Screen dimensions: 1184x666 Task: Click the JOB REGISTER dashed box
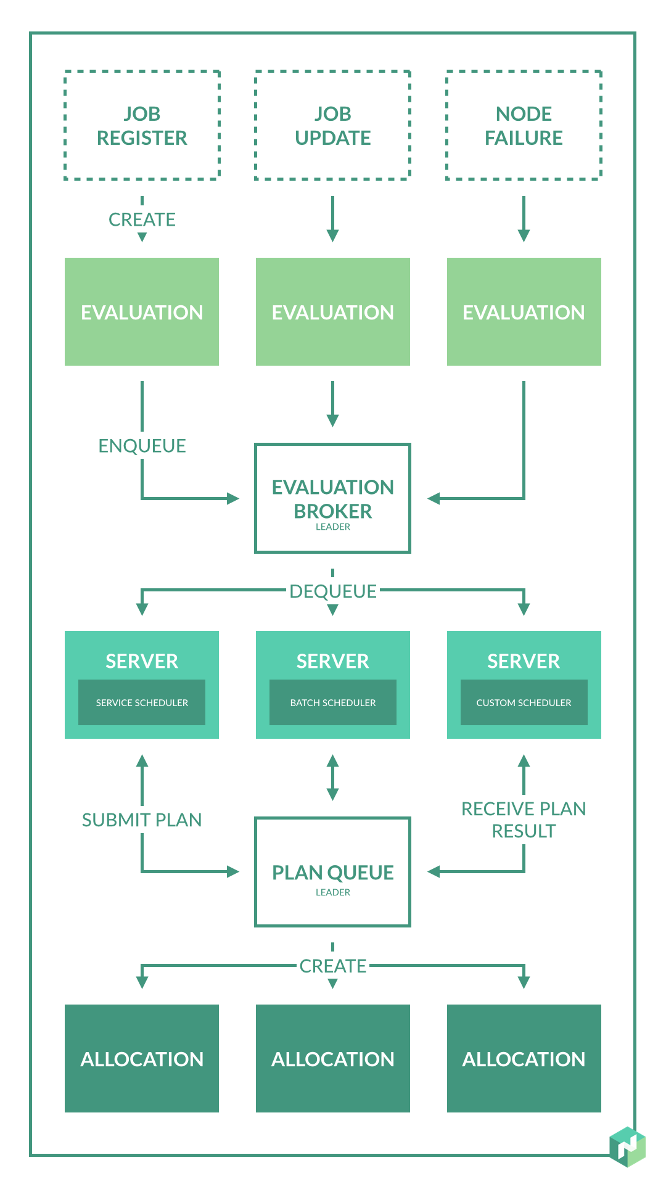pos(142,125)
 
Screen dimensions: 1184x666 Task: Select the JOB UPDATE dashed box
pos(333,125)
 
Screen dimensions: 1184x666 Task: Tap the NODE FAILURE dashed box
pos(524,125)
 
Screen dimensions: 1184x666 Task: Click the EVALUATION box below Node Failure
pos(524,312)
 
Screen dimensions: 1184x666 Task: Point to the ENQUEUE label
pos(142,446)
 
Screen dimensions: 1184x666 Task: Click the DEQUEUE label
pos(333,591)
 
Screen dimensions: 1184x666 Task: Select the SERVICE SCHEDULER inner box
pos(142,702)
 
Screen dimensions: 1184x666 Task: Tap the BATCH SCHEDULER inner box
pos(333,702)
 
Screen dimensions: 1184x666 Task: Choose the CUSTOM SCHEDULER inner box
pos(524,702)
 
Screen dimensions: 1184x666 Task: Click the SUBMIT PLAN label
pos(142,820)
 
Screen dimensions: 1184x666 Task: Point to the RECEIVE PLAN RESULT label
pos(524,820)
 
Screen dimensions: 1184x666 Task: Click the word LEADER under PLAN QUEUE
pos(333,892)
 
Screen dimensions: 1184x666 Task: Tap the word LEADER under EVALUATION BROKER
pos(333,527)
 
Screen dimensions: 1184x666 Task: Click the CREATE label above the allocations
pos(333,966)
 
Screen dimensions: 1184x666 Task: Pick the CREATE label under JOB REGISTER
pos(142,220)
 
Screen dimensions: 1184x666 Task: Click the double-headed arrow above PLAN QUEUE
pos(333,778)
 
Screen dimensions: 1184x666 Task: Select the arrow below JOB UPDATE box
pos(333,219)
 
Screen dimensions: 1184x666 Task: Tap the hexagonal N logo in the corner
pos(627,1146)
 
